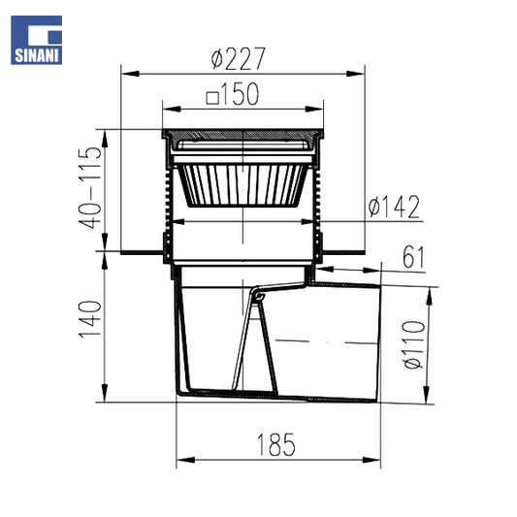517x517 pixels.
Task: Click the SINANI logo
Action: pyautogui.click(x=36, y=40)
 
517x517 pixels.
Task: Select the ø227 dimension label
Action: pyautogui.click(x=238, y=59)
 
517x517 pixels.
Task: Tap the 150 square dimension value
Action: pyautogui.click(x=240, y=94)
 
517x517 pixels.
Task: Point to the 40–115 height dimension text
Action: pyautogui.click(x=90, y=187)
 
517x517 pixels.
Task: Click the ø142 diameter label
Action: pyautogui.click(x=394, y=207)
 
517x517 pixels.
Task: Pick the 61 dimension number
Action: pyautogui.click(x=414, y=256)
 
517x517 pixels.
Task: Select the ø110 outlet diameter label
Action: pyautogui.click(x=414, y=344)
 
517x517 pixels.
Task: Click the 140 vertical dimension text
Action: pyautogui.click(x=90, y=319)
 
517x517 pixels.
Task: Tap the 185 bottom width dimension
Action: pyautogui.click(x=276, y=444)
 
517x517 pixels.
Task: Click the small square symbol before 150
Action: pyautogui.click(x=212, y=98)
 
